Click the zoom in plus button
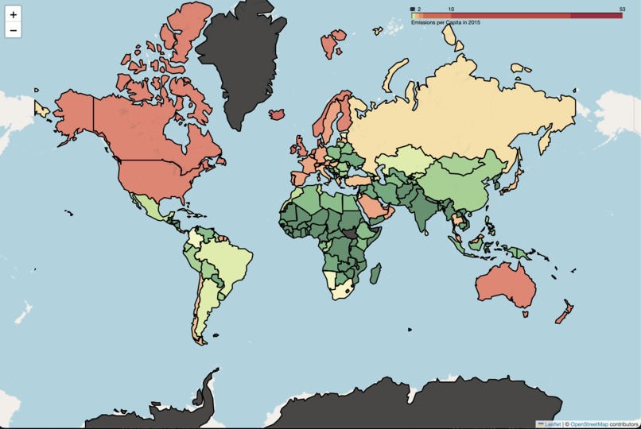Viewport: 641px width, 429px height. [14, 15]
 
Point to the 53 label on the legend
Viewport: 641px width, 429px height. [622, 9]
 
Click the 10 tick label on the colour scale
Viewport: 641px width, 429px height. [452, 9]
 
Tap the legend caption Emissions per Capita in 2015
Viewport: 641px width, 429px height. [445, 22]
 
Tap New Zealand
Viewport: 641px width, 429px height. [563, 315]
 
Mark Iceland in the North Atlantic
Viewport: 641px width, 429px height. [277, 114]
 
